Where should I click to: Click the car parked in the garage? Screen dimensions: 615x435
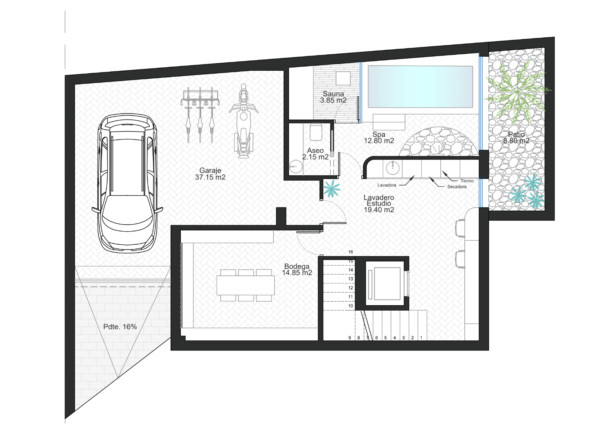127,183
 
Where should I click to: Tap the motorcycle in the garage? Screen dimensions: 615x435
243,121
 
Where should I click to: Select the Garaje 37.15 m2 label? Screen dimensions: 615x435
210,174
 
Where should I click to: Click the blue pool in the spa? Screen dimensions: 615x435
420,87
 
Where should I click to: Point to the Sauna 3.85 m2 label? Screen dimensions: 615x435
333,97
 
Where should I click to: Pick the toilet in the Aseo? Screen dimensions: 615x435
316,132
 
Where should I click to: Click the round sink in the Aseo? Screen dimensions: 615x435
296,166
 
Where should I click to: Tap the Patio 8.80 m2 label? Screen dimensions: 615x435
516,138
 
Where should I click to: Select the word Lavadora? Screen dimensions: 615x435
386,185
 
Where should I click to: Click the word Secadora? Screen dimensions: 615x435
457,187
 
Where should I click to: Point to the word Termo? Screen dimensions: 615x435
467,181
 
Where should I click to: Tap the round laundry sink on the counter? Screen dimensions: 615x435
393,167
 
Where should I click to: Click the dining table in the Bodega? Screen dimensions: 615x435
246,285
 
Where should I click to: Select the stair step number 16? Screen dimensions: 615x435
351,252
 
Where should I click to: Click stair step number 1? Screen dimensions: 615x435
421,338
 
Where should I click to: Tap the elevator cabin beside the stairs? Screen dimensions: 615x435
387,283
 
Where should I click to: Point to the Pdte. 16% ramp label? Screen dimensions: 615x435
120,327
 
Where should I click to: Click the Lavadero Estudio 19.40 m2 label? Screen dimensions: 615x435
379,204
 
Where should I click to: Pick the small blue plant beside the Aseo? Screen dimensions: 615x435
332,189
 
